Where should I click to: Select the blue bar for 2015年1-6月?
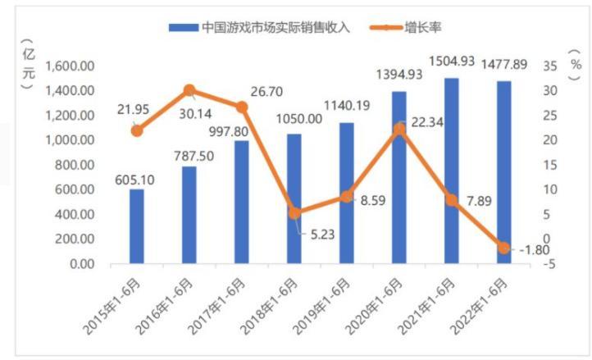137,226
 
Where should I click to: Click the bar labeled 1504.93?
451,171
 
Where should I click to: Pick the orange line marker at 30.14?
189,90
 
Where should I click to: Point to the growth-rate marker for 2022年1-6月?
503,248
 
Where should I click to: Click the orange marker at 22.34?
399,128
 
